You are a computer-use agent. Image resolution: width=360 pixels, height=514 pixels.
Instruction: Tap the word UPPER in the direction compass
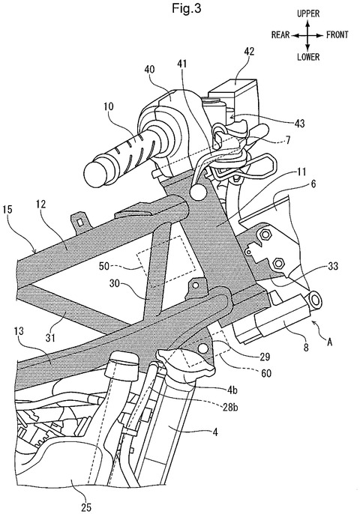[308, 13]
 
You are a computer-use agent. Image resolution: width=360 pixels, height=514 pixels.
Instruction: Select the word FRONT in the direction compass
[337, 34]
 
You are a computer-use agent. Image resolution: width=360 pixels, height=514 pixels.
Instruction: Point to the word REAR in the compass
[280, 34]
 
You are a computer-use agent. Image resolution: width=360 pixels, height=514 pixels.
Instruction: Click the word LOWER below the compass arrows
[308, 57]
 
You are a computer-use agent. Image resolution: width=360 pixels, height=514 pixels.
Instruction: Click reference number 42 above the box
[249, 52]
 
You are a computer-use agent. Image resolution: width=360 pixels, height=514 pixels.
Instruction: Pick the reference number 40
[149, 69]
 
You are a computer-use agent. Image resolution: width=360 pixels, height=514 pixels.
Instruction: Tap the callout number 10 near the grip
[108, 106]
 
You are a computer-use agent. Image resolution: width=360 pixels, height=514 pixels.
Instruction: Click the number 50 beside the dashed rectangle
[104, 266]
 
